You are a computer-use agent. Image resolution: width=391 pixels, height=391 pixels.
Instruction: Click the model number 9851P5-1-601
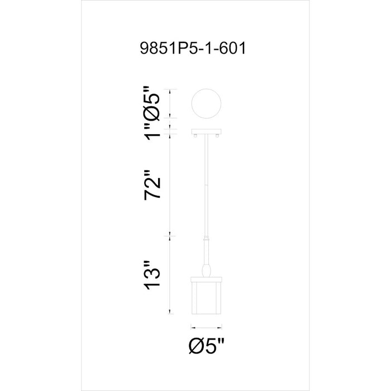(193, 48)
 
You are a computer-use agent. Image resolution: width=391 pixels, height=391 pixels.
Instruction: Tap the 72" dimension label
(152, 185)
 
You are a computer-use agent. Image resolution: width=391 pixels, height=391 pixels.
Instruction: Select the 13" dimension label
(152, 275)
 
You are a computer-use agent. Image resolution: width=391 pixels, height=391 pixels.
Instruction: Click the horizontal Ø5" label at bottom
(207, 346)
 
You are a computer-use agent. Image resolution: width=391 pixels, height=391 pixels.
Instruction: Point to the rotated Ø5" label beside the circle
(151, 103)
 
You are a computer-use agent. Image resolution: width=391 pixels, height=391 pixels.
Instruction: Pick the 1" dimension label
(152, 132)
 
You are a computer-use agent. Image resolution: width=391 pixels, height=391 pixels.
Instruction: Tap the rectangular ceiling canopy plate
(206, 131)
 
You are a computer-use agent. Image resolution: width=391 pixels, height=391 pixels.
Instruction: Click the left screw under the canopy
(195, 136)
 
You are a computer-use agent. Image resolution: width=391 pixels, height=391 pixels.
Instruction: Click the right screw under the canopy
(217, 136)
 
